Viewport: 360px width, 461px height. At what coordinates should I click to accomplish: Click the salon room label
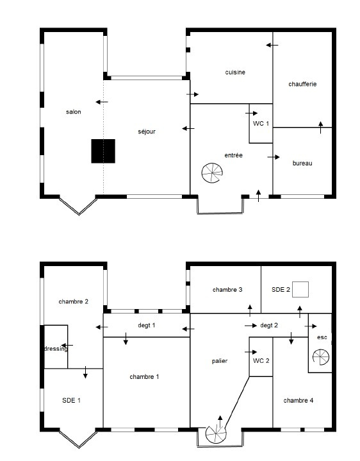coord(74,112)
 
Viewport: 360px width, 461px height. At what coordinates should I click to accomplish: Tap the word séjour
coord(147,131)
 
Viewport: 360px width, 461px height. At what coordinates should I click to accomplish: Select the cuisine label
coord(235,72)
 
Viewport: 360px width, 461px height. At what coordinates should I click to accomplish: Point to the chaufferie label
coord(302,84)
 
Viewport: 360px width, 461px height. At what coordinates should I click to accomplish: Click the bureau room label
coord(302,163)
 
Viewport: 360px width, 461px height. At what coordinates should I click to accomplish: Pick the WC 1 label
coord(261,124)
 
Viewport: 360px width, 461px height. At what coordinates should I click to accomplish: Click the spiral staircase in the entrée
coord(212,173)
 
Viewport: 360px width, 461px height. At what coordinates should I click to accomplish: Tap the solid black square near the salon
coord(103,151)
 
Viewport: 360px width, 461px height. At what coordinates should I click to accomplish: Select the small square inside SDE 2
coord(300,289)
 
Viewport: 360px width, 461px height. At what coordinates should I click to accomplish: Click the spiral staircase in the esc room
coord(321,357)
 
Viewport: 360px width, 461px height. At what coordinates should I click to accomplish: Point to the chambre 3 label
coord(227,290)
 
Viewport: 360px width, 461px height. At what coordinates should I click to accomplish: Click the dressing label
coord(56,349)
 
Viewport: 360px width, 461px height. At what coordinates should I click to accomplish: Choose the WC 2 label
coord(261,361)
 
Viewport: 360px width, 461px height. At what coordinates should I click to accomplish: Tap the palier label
coord(220,361)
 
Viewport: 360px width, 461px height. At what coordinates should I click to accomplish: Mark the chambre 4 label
coord(299,401)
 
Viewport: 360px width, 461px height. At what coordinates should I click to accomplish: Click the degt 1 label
coord(147,326)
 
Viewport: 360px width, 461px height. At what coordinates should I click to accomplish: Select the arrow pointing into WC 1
coord(251,113)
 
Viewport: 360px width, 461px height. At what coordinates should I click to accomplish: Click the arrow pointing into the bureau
coord(274,157)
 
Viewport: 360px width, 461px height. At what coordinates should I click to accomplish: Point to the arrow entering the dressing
coord(67,345)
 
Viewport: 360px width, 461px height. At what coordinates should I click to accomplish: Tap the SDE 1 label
coord(71,401)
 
